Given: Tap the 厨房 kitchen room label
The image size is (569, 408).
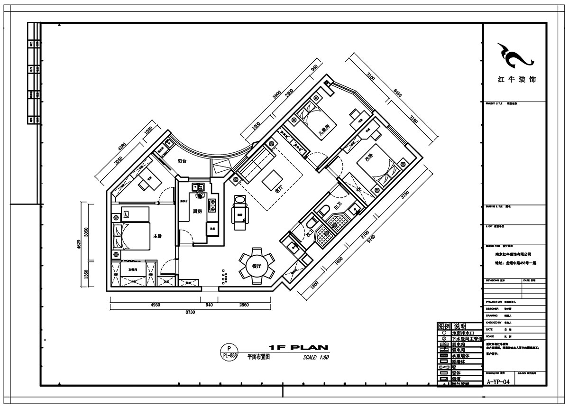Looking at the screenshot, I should point(199,211).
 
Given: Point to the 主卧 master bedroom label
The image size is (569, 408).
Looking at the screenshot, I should point(157,236).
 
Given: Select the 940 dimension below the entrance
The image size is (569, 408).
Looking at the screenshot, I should point(208,305).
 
